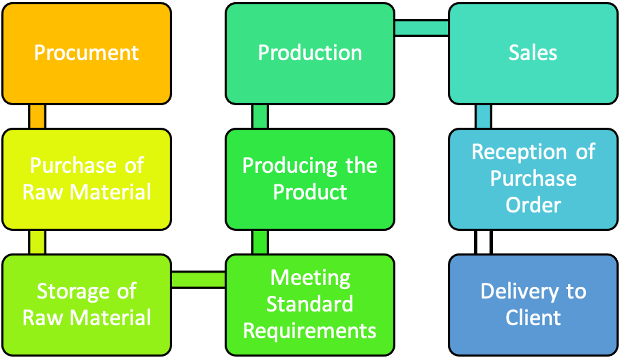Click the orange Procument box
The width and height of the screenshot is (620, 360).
click(87, 54)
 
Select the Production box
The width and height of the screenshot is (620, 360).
click(310, 54)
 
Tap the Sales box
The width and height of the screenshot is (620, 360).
click(533, 54)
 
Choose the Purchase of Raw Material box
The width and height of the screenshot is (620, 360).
click(87, 179)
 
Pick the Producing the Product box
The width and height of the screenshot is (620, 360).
click(310, 179)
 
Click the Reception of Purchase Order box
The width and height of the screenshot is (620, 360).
click(533, 179)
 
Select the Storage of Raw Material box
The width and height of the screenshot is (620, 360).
click(87, 305)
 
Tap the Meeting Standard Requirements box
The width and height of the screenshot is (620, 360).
click(310, 305)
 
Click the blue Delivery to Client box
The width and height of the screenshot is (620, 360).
click(533, 305)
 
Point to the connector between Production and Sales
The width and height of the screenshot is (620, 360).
click(421, 28)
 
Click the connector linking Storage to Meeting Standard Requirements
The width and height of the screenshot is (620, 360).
click(198, 279)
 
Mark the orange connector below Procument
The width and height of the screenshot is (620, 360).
click(37, 117)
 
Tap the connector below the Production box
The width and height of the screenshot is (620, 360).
click(260, 117)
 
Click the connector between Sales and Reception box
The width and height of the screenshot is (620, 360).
click(483, 117)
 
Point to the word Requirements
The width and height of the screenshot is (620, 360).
click(309, 331)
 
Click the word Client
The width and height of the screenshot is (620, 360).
click(533, 318)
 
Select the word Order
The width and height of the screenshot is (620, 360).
click(533, 205)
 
